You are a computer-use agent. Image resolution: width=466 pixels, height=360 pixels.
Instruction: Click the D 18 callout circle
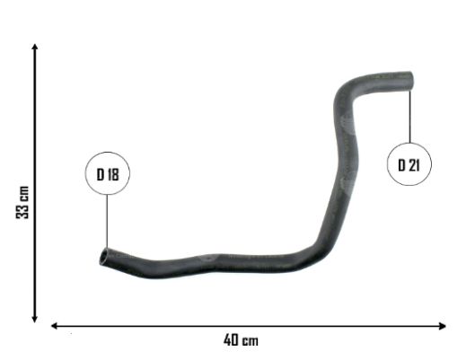coord(108,152)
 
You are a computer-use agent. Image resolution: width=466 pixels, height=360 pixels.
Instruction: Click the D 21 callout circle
coord(409,143)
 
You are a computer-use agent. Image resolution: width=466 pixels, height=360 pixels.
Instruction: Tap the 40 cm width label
coord(241,340)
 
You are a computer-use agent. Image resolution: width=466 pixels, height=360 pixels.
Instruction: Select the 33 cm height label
coord(22,202)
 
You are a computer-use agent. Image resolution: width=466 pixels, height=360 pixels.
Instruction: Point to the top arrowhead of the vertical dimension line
coord(35,46)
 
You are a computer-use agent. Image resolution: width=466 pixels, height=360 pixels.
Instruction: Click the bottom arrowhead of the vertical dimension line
coord(35,320)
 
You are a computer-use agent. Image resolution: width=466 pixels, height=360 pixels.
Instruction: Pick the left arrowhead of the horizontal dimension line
coord(54,326)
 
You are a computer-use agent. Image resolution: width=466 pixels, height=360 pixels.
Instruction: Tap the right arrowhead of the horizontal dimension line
coord(443,326)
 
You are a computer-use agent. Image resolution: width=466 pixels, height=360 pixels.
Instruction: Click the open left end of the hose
coord(104,257)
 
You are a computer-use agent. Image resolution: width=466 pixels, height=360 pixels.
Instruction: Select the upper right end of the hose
coord(410,80)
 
